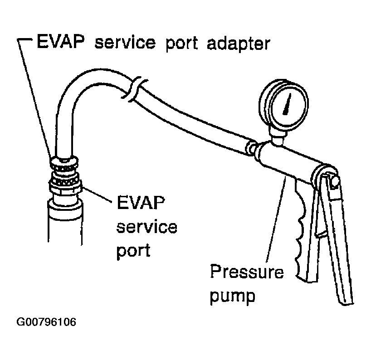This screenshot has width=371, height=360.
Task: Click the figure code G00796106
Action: click(46, 323)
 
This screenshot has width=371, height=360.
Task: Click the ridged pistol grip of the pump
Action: click(302, 236)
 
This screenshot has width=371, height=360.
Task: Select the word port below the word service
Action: click(133, 251)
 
